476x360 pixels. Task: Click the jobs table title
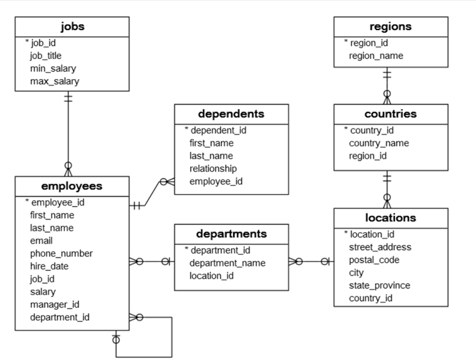(x=72, y=27)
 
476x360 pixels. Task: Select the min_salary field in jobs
(x=53, y=68)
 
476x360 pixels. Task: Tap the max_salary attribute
(x=54, y=81)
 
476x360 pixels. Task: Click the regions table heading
(x=391, y=27)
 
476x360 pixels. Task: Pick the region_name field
(x=376, y=56)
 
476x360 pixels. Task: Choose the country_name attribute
(x=378, y=143)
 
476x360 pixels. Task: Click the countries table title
(x=390, y=114)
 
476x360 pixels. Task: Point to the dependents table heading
(x=231, y=114)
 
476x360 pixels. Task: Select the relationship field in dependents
(x=212, y=168)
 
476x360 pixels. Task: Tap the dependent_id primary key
(x=218, y=130)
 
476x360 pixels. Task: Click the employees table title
(x=72, y=186)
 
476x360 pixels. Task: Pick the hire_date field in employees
(x=49, y=266)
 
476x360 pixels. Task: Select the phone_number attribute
(x=61, y=253)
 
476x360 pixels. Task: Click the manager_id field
(x=54, y=304)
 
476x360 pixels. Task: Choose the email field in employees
(x=41, y=240)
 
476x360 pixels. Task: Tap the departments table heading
(x=231, y=234)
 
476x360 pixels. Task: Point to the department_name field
(x=227, y=262)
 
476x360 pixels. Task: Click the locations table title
(x=390, y=217)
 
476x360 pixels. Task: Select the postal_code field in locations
(x=374, y=260)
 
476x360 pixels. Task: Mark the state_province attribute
(x=379, y=285)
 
